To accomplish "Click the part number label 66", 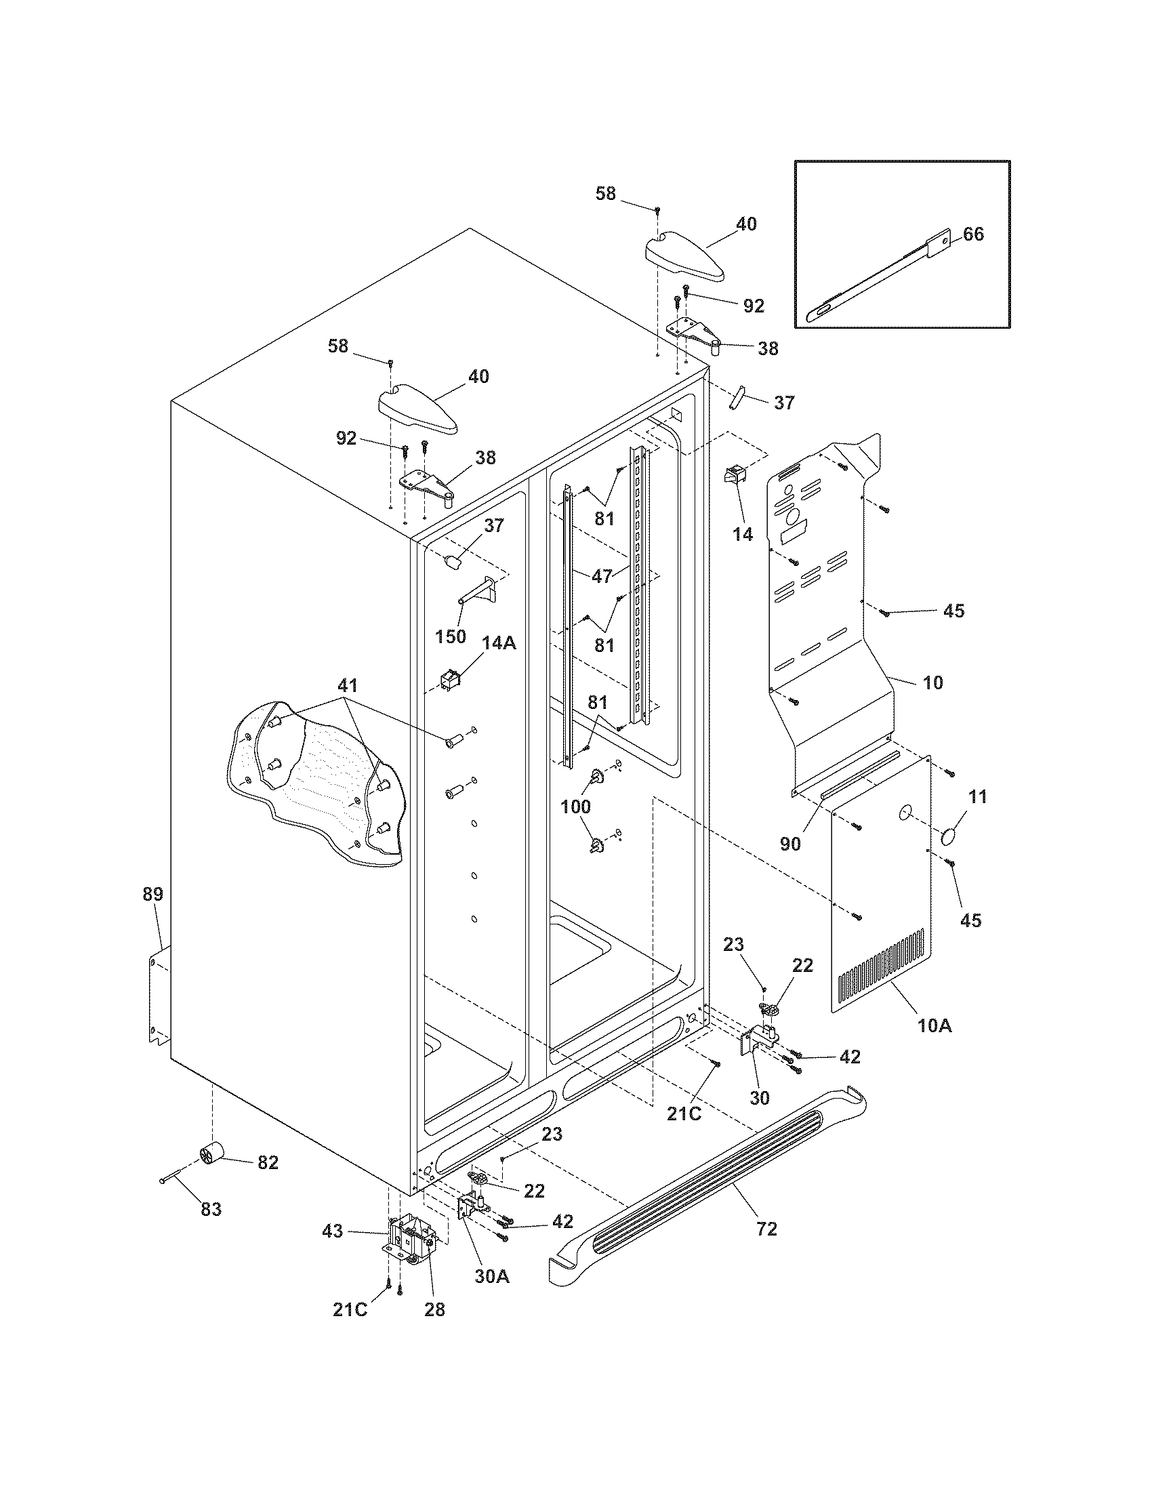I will pyautogui.click(x=973, y=234).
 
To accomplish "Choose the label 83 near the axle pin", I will pyautogui.click(x=211, y=1209).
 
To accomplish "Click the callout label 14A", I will pyautogui.click(x=498, y=642).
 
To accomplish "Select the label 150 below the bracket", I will pyautogui.click(x=450, y=636).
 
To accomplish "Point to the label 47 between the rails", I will pyautogui.click(x=601, y=576).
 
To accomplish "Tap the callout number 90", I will pyautogui.click(x=789, y=844).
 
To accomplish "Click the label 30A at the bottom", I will pyautogui.click(x=492, y=1276).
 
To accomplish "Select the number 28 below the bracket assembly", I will pyautogui.click(x=434, y=1309).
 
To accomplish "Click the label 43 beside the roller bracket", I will pyautogui.click(x=333, y=1231).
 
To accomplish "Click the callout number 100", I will pyautogui.click(x=575, y=806).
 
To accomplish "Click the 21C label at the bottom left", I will pyautogui.click(x=350, y=1309).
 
